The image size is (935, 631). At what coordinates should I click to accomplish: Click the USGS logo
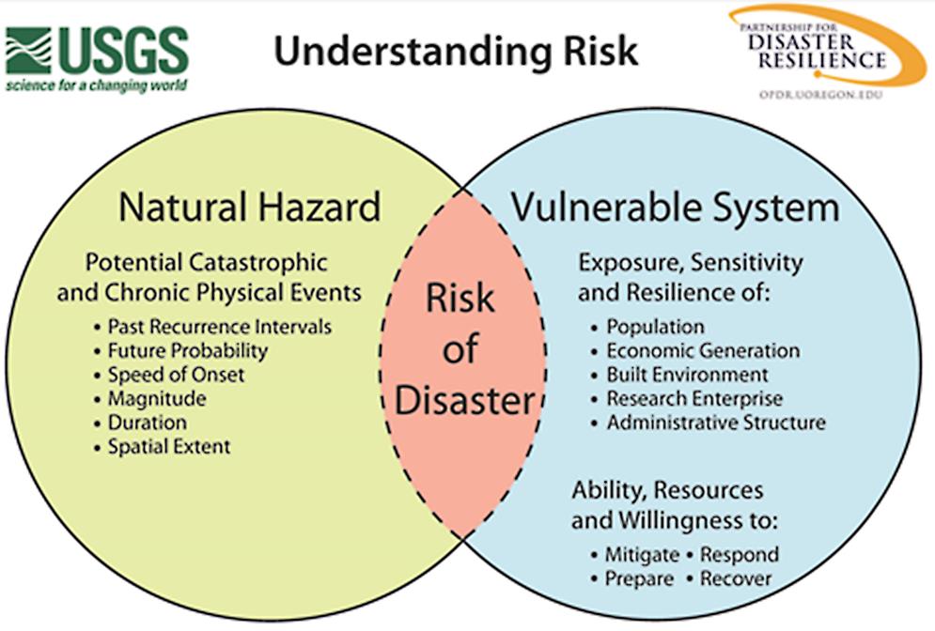pos(97,59)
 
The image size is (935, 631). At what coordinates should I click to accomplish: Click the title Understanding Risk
pos(456,52)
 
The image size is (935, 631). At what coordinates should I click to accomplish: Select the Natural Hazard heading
pos(249,207)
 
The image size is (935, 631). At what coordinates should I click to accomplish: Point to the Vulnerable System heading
pos(675,208)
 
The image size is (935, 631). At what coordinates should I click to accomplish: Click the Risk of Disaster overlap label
pos(464,348)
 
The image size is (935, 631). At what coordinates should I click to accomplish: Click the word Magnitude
pos(157,399)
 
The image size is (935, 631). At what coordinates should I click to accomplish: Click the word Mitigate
pos(642,555)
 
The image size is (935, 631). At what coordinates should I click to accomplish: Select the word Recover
pos(736,578)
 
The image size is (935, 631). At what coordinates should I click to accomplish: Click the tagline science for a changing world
pos(97,85)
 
